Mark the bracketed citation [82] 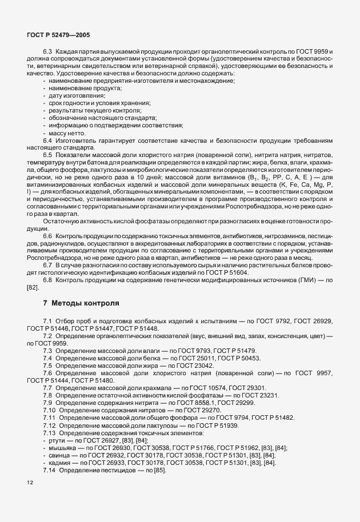33,288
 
